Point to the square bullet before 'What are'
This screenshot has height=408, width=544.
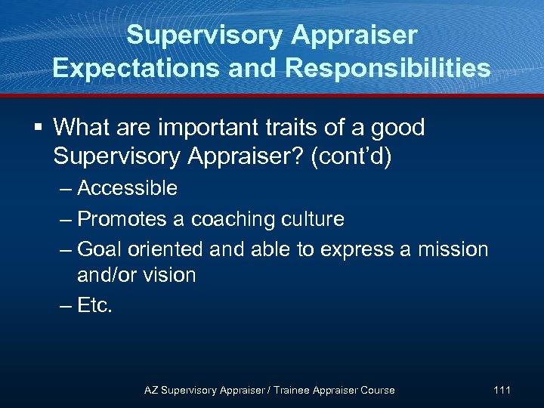point(37,128)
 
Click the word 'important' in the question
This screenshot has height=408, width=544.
point(192,128)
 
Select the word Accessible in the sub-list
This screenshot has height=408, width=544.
point(127,188)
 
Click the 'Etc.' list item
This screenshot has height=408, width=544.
point(94,306)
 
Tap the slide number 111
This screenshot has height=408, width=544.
point(502,390)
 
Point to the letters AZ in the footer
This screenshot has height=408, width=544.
point(151,390)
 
